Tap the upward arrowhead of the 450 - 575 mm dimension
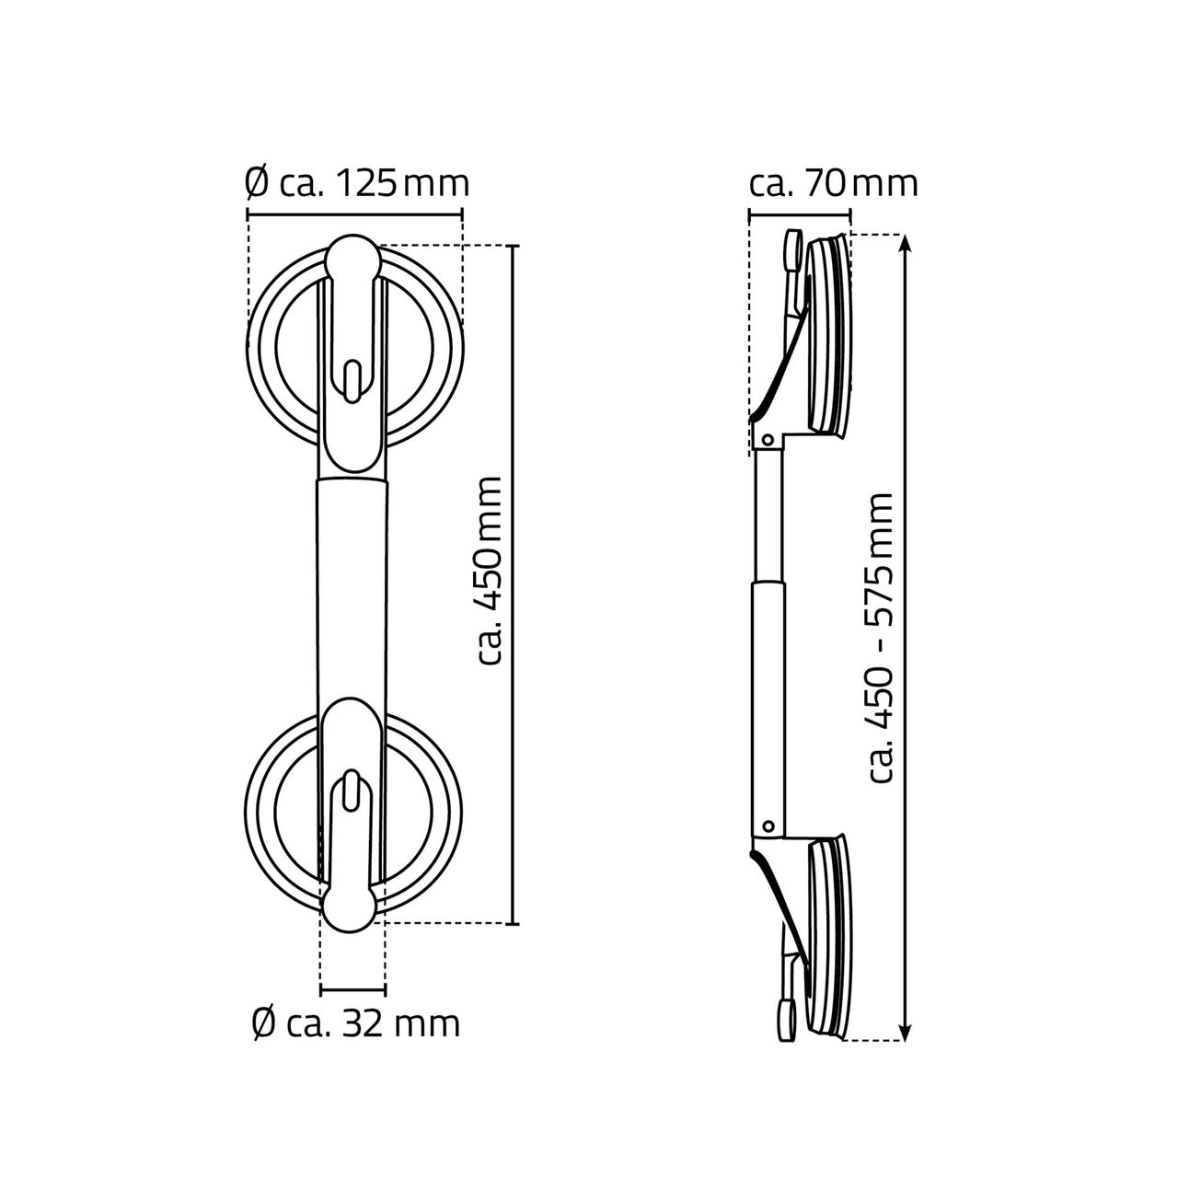(906, 244)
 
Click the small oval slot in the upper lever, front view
(352, 381)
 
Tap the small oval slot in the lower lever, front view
(352, 792)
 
